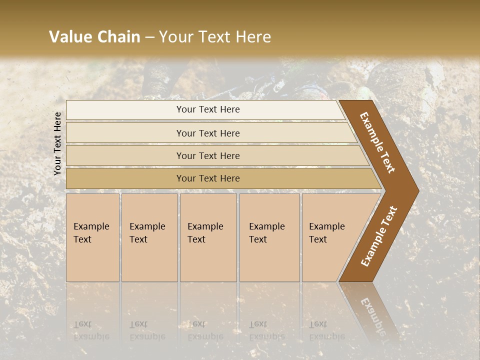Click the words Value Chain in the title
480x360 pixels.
(94, 37)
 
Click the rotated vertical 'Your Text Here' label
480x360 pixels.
(57, 143)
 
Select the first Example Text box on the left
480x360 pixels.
(92, 237)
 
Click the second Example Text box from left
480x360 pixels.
(149, 237)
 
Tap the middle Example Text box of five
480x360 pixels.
(208, 237)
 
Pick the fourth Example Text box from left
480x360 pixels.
(269, 237)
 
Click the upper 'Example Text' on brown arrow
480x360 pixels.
(377, 142)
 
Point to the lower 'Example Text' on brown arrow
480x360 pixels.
(379, 236)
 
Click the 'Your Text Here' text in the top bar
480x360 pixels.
(208, 109)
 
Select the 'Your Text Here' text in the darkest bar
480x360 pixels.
(208, 178)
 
